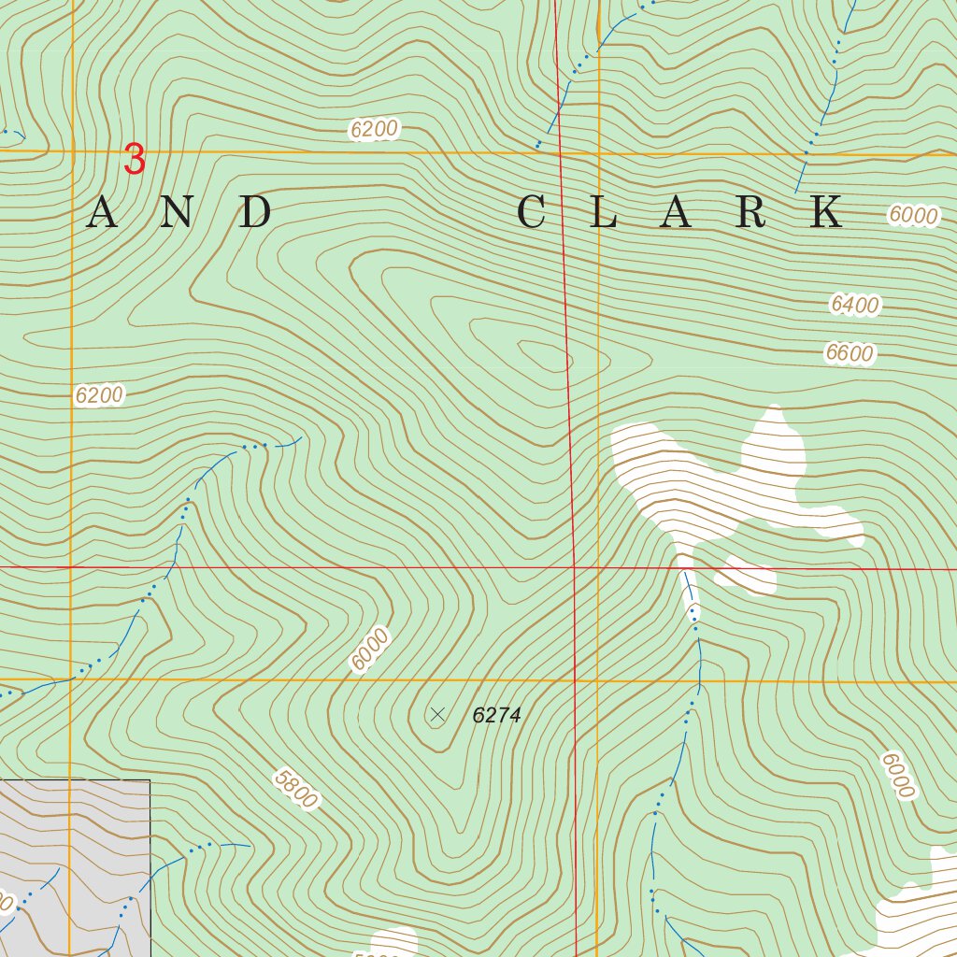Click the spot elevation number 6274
pos(496,716)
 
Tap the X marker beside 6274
pos(436,716)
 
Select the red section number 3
pos(136,160)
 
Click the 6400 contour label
pos(854,305)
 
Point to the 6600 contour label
pos(849,353)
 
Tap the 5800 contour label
pos(296,788)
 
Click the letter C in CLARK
pos(531,213)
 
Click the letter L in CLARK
pos(604,213)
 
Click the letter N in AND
pos(179,213)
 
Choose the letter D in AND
pos(254,213)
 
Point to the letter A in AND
pos(102,213)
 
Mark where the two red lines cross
pos(574,567)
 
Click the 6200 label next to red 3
pos(374,130)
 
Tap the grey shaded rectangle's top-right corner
pos(150,779)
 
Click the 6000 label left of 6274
pos(369,650)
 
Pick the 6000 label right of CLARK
pos(912,215)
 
